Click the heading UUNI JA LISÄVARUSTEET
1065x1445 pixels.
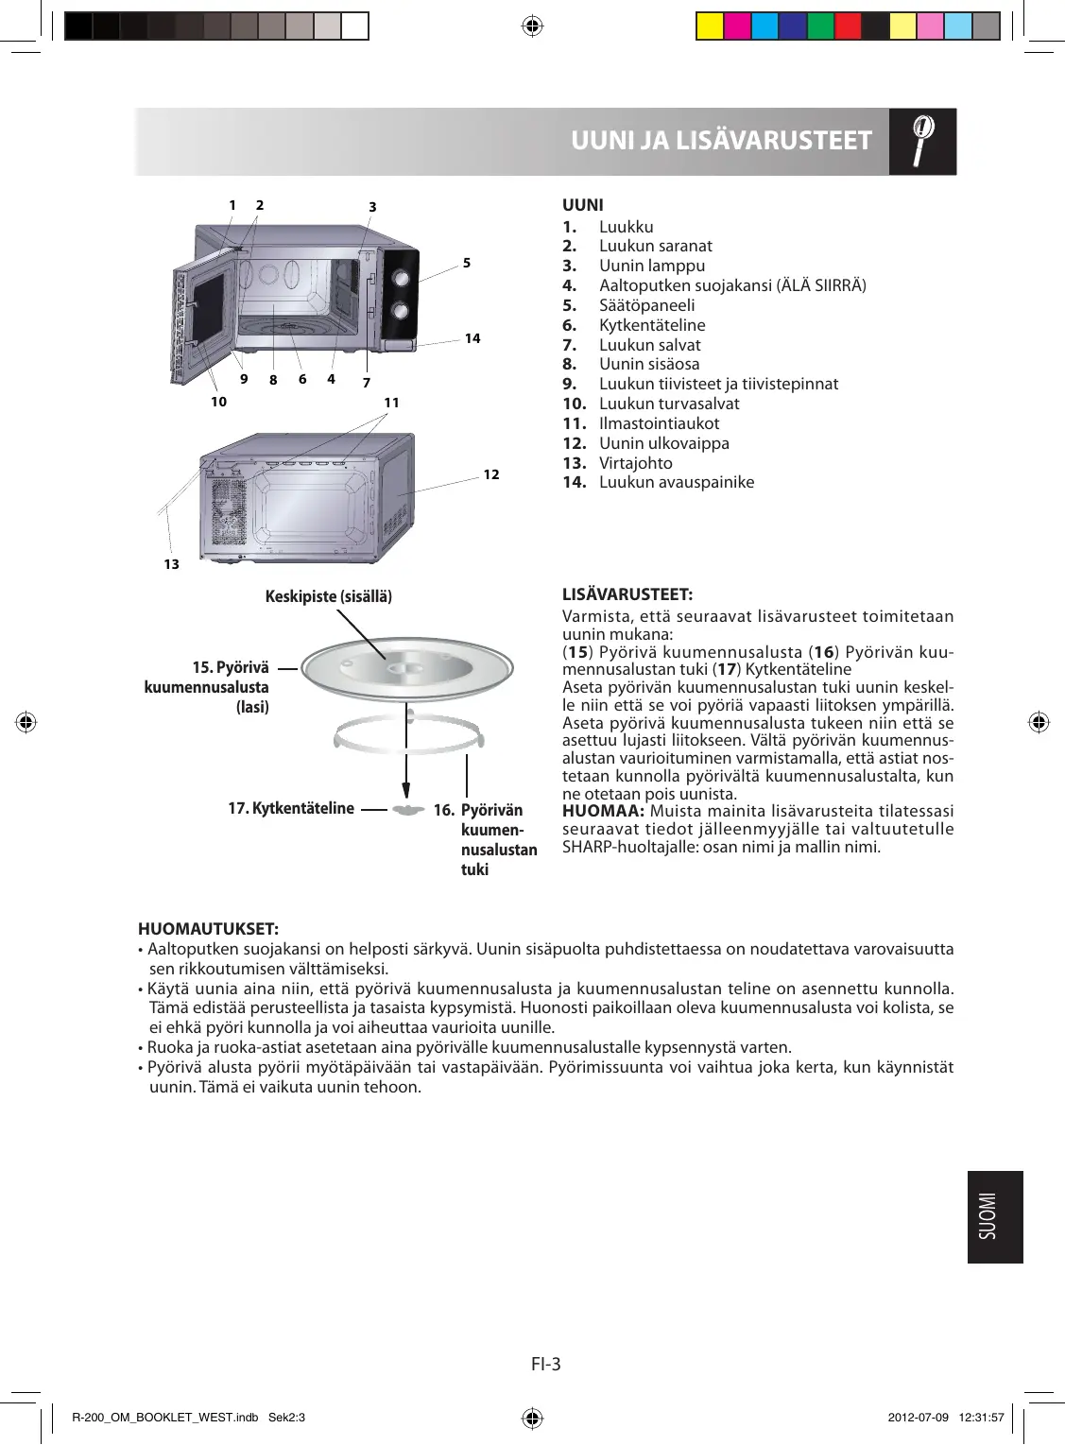pos(721,141)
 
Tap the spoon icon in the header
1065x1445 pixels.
pos(922,141)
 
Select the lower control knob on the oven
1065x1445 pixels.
pos(401,310)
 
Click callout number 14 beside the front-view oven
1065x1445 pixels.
pos(472,338)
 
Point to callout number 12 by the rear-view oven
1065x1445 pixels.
pos(491,474)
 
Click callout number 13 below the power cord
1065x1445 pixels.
pos(171,564)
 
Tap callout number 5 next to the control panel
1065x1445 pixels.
pos(467,263)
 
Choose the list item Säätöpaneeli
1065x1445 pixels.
pos(646,305)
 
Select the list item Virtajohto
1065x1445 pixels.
pos(635,463)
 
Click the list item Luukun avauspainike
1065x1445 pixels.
pos(676,482)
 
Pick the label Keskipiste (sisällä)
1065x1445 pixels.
pos(328,596)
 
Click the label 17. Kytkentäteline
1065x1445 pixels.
pos(291,808)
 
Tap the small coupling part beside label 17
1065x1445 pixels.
pos(407,810)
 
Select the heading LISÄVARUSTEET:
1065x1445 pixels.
pos(627,594)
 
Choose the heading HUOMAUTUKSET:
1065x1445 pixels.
pos(208,929)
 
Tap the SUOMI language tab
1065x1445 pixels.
pos(995,1216)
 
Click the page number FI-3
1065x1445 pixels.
pos(546,1364)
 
